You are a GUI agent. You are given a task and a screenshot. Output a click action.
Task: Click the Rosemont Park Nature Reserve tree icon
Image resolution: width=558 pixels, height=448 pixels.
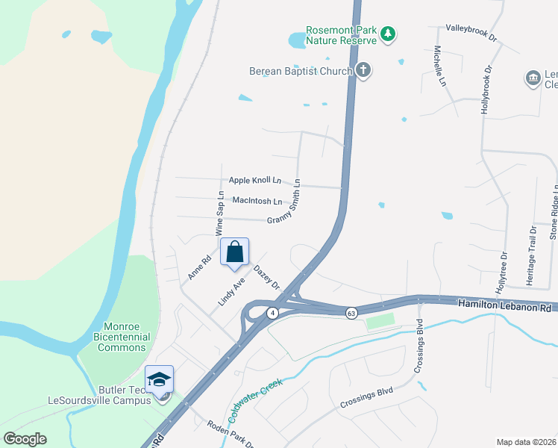click(x=387, y=34)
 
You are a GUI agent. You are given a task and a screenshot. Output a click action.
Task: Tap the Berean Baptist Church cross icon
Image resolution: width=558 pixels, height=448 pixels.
click(x=363, y=71)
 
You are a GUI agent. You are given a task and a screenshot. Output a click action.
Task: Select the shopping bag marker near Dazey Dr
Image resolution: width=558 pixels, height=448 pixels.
click(x=234, y=252)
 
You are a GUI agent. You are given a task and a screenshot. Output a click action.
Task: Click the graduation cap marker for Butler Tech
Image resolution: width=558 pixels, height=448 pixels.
click(x=160, y=379)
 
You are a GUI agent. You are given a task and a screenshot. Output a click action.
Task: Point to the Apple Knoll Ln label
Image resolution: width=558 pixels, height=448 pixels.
click(x=255, y=180)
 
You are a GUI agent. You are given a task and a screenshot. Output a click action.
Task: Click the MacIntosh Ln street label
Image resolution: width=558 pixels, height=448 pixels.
click(x=257, y=201)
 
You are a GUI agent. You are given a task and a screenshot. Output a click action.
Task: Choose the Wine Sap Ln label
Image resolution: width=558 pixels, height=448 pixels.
click(x=220, y=214)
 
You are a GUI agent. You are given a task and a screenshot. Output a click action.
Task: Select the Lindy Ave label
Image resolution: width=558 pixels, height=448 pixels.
click(x=231, y=292)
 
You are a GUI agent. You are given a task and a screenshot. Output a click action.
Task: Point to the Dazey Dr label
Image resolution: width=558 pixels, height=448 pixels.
click(x=266, y=278)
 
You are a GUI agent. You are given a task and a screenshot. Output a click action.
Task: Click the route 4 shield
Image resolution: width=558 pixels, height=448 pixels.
click(x=274, y=312)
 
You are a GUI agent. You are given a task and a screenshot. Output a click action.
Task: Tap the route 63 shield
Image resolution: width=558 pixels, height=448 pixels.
click(x=351, y=312)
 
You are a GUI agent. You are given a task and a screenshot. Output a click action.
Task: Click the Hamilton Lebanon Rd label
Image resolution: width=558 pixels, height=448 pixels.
click(x=504, y=305)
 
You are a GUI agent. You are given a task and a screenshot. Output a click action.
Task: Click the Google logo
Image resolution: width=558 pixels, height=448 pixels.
click(x=25, y=438)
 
